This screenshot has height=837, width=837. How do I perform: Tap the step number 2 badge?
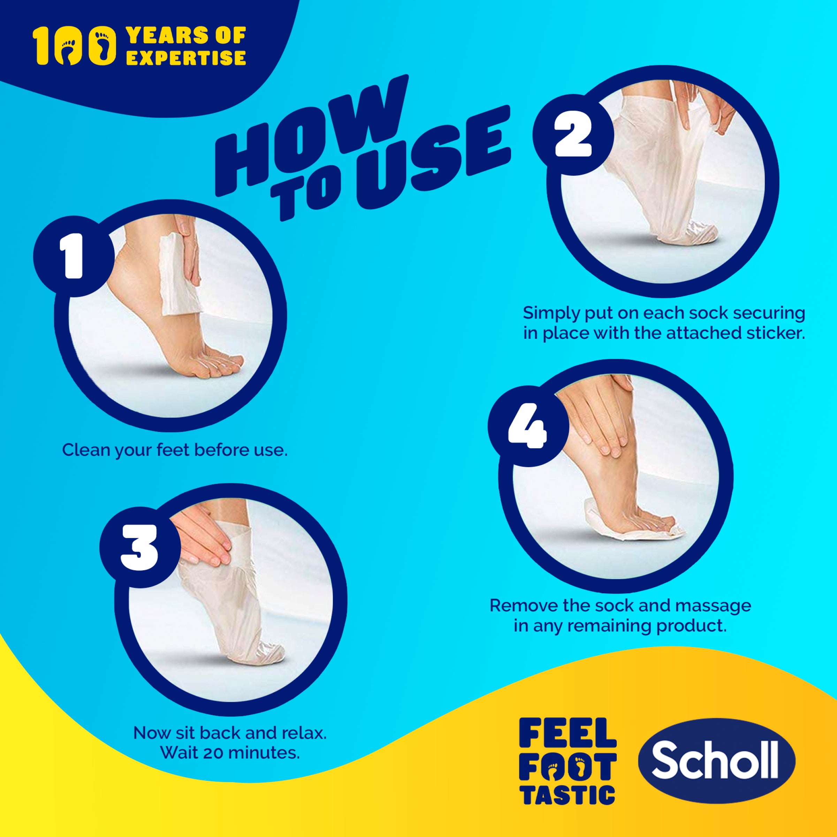573,135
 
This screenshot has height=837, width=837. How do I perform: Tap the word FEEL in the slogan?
567,732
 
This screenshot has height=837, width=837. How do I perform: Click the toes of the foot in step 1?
221,364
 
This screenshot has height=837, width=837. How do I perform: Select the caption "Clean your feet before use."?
175,450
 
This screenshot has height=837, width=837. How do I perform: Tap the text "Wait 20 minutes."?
230,753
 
